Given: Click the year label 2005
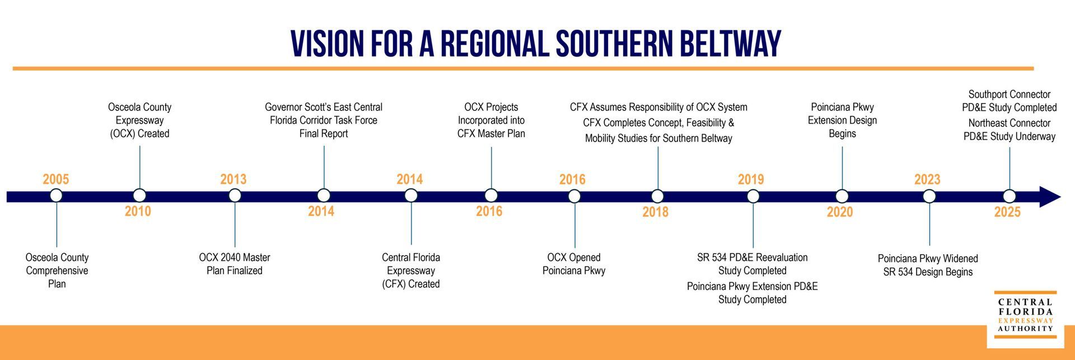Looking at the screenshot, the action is click(56, 179).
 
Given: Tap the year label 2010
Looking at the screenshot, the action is click(138, 211).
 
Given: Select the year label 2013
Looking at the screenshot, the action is click(233, 179).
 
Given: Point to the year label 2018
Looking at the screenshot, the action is click(656, 212).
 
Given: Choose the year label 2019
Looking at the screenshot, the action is click(751, 179).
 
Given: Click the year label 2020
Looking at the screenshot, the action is click(840, 212).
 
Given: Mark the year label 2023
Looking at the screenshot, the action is click(927, 179).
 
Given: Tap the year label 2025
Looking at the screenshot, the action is click(1007, 212).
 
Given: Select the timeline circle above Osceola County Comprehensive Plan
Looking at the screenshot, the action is click(56, 195).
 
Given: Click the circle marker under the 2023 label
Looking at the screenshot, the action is click(929, 196).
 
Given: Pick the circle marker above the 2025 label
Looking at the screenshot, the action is click(1009, 196).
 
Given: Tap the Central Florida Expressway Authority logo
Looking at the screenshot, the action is click(1025, 315).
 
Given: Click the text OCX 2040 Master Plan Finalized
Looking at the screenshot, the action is click(235, 264).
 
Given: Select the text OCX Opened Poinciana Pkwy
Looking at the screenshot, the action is click(574, 264).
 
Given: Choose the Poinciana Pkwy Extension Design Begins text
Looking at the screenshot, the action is click(842, 120).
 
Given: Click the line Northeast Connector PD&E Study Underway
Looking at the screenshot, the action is click(1009, 129).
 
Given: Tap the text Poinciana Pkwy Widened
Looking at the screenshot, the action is click(928, 259).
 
